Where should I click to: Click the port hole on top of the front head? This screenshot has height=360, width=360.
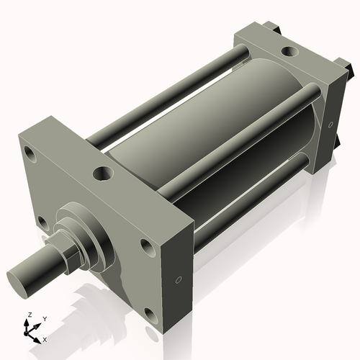coord(104,173)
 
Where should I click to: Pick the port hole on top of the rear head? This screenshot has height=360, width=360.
coord(288,51)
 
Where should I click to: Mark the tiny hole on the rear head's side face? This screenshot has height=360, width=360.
coord(330,125)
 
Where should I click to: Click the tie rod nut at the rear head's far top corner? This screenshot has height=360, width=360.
coord(271,28)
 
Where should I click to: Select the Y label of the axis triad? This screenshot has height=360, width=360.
coord(44,318)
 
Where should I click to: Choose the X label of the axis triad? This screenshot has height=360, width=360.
coord(45,338)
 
